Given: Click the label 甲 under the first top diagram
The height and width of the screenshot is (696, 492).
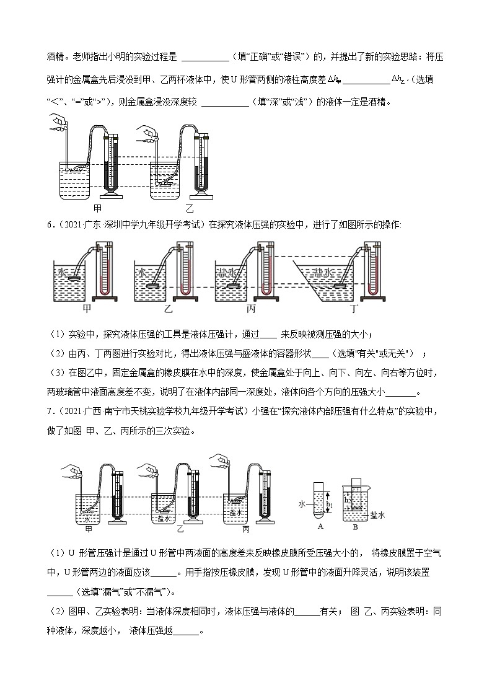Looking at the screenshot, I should (97, 208).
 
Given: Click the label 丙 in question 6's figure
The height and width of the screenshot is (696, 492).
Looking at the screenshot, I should (250, 307).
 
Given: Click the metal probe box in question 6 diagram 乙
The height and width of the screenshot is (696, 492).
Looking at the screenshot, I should (153, 286).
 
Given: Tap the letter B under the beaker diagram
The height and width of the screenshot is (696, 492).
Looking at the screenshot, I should (355, 527).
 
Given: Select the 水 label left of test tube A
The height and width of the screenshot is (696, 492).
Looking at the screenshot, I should (302, 504).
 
